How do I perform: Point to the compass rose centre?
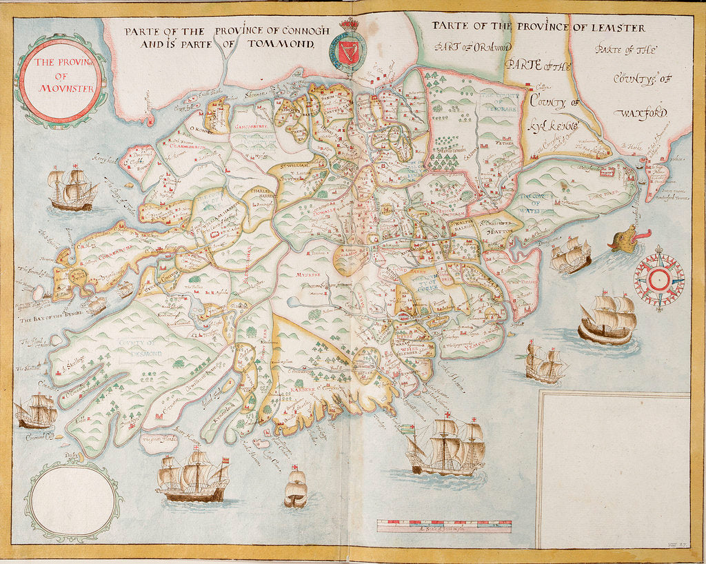658,279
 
